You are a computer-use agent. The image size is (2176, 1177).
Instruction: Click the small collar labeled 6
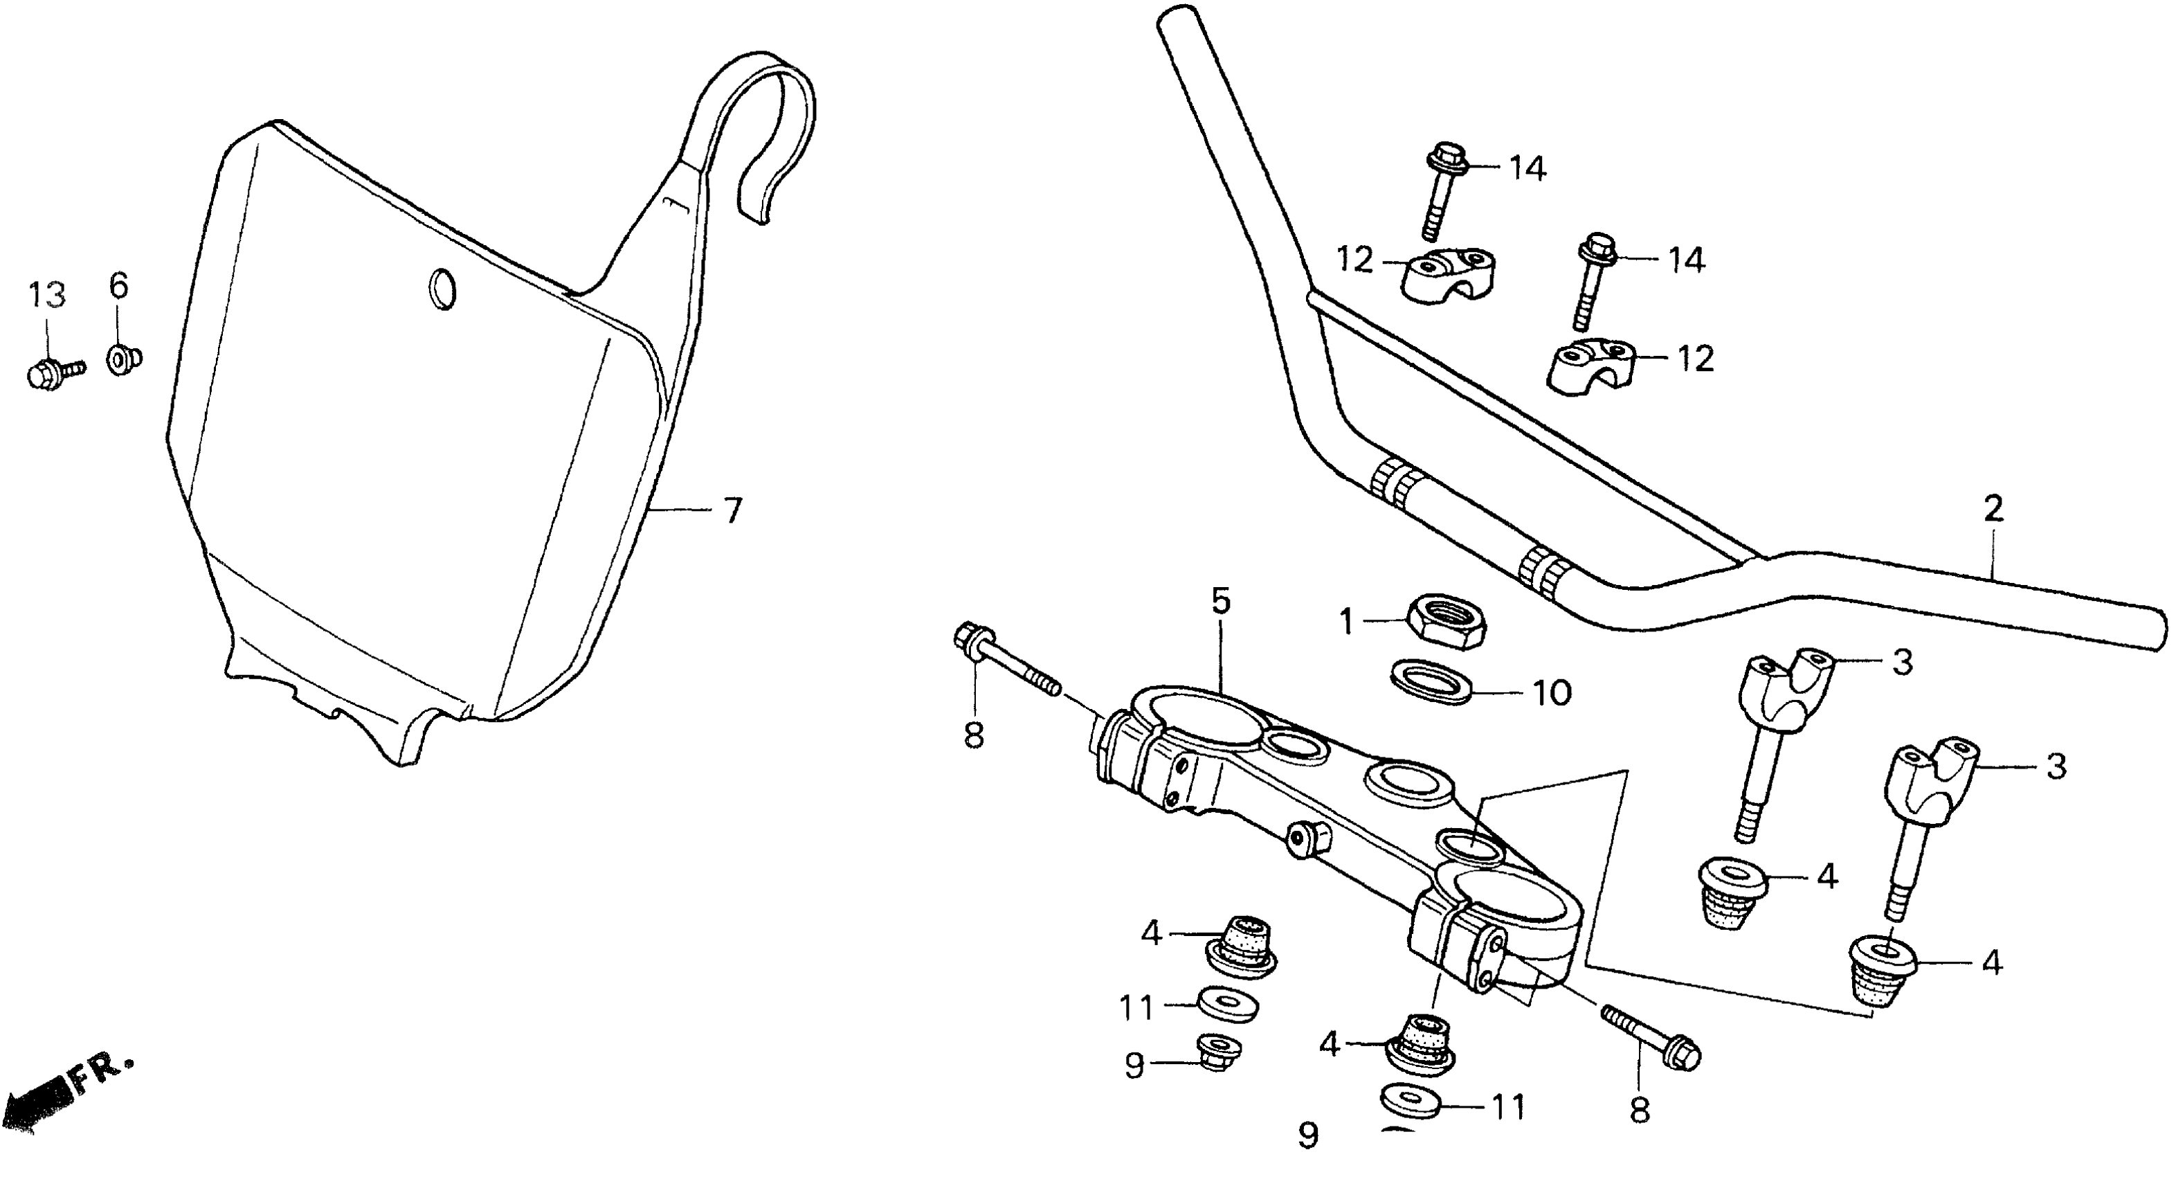(x=123, y=359)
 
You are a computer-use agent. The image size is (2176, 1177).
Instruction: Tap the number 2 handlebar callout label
(x=1993, y=509)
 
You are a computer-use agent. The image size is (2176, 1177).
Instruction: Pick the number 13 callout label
(x=46, y=295)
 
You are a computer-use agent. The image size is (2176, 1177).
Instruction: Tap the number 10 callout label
(x=1550, y=693)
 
